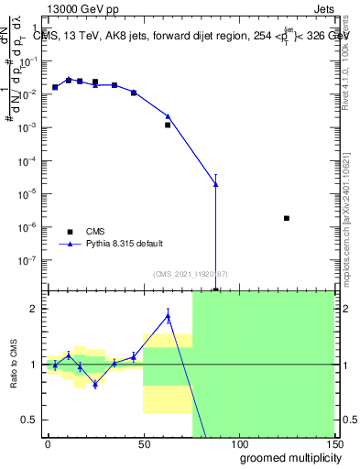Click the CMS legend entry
pos(95,232)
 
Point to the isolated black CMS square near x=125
pos(287,218)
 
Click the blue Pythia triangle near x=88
pos(216,184)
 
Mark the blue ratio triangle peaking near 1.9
pos(169,316)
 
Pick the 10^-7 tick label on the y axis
pos(29,260)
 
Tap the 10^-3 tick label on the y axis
pos(29,127)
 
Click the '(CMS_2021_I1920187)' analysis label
pos(191,274)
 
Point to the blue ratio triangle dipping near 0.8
pos(95,385)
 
